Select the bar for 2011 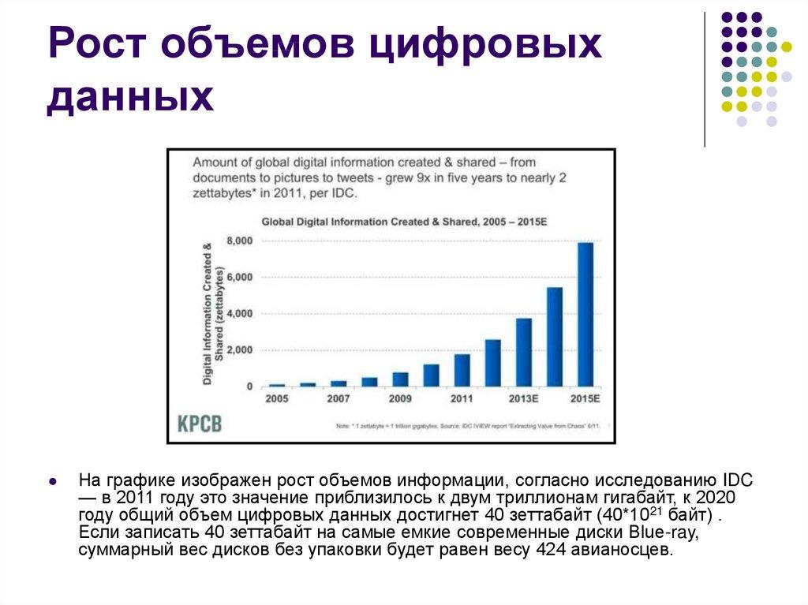click(x=462, y=370)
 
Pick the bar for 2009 click(x=400, y=379)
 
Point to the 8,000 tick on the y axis click(x=239, y=240)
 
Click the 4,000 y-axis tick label click(x=239, y=314)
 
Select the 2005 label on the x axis click(x=277, y=399)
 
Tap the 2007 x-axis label click(x=339, y=399)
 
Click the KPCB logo click(x=199, y=424)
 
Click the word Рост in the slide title click(x=101, y=47)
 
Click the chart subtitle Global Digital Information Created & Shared click(x=404, y=222)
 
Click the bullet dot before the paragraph click(x=51, y=480)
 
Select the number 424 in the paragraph click(x=550, y=550)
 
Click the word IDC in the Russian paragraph click(x=738, y=480)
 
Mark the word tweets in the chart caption click(x=359, y=177)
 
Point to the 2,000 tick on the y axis click(x=239, y=350)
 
